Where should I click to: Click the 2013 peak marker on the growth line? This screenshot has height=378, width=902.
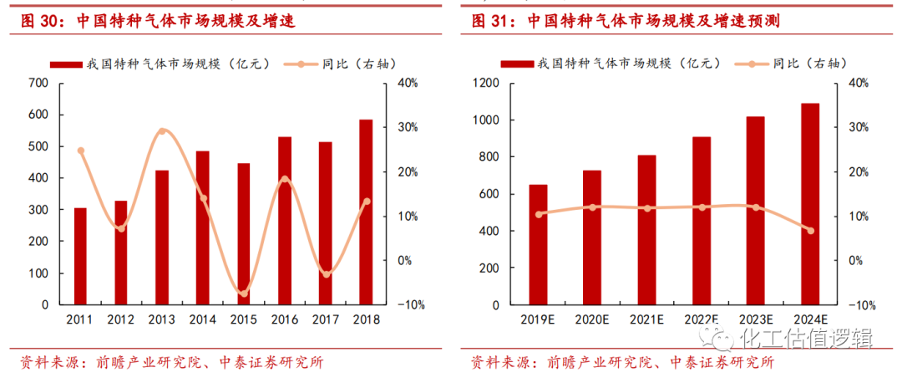[162, 131]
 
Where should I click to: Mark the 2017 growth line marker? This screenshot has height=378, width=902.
[326, 274]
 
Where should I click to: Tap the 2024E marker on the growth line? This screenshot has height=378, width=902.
[810, 231]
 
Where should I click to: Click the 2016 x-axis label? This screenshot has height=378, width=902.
[284, 320]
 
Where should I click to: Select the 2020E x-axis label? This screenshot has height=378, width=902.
[592, 320]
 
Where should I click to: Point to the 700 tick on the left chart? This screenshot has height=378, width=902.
[38, 83]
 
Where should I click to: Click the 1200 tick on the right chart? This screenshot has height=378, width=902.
[486, 83]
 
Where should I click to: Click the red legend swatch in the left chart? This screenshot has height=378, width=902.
[65, 64]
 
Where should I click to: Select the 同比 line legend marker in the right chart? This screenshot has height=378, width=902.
[748, 64]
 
